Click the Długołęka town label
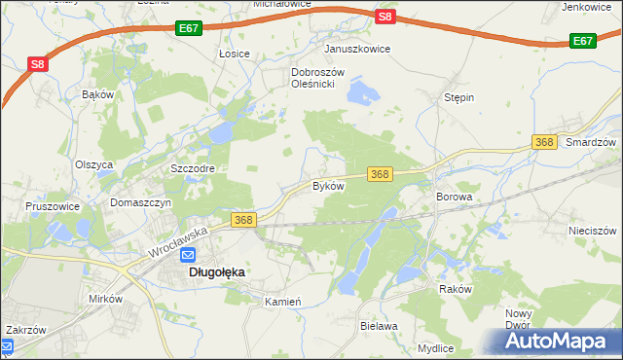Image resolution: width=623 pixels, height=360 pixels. tap(215, 273)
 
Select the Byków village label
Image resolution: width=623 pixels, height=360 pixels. tap(328, 185)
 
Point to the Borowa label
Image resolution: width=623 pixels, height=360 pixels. tap(454, 197)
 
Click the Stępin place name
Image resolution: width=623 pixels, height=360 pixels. tap(458, 98)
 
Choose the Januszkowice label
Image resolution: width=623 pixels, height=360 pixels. tap(357, 48)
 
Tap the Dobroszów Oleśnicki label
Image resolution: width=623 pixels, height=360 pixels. tap(313, 78)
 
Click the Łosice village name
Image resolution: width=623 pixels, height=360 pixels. tap(235, 54)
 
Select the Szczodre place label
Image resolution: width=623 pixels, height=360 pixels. tap(192, 168)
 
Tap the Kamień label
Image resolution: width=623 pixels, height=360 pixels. tap(283, 302)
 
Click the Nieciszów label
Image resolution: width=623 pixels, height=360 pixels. tap(592, 232)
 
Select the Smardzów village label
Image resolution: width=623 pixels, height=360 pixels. tap(592, 142)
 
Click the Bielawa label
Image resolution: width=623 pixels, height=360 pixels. tap(379, 326)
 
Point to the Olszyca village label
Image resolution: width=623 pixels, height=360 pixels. tap(94, 164)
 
